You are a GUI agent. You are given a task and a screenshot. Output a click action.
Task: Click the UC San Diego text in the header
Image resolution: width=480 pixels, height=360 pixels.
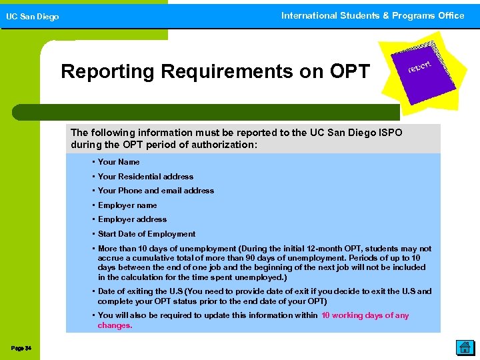33,17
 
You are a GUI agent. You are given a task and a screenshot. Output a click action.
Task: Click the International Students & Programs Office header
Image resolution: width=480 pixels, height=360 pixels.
373,15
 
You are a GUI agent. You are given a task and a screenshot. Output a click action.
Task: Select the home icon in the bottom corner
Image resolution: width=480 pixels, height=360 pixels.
464,347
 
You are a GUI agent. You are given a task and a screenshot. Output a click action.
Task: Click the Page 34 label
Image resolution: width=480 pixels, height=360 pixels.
21,348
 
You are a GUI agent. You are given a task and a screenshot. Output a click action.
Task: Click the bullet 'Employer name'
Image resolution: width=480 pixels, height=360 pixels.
127,205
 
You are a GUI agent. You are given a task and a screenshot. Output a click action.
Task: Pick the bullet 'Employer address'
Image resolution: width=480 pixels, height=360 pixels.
132,219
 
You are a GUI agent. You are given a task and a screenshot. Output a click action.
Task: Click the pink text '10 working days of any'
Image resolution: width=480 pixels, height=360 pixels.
365,315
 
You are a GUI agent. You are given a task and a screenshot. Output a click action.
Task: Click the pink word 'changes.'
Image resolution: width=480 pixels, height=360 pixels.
115,326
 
